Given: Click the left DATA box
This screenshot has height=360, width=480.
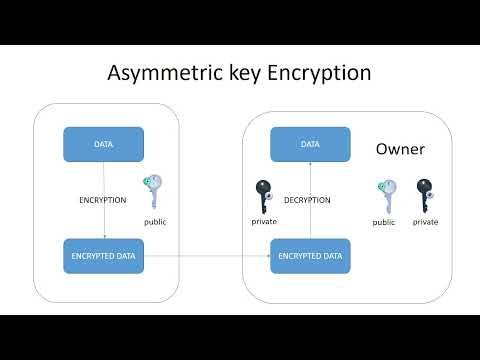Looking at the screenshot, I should pyautogui.click(x=104, y=145).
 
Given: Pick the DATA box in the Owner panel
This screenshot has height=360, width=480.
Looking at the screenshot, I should pyautogui.click(x=310, y=145).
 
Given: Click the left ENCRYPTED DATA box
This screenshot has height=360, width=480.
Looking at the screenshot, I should pyautogui.click(x=104, y=256).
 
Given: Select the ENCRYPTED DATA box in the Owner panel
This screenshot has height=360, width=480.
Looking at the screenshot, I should pyautogui.click(x=310, y=256).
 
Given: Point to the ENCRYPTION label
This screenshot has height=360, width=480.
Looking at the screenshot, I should pyautogui.click(x=103, y=200).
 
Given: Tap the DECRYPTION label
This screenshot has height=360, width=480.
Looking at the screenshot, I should pyautogui.click(x=307, y=200).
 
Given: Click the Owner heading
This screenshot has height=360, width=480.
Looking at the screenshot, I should pyautogui.click(x=400, y=150).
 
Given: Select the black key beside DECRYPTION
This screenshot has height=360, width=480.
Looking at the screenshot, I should pyautogui.click(x=264, y=194).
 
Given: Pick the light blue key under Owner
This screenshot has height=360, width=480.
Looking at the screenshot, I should pyautogui.click(x=385, y=195).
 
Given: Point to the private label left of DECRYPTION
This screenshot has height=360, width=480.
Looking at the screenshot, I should pyautogui.click(x=264, y=221).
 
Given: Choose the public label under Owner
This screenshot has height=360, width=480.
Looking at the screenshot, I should pyautogui.click(x=384, y=222).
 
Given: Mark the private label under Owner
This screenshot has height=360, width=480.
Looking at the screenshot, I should pyautogui.click(x=425, y=222).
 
